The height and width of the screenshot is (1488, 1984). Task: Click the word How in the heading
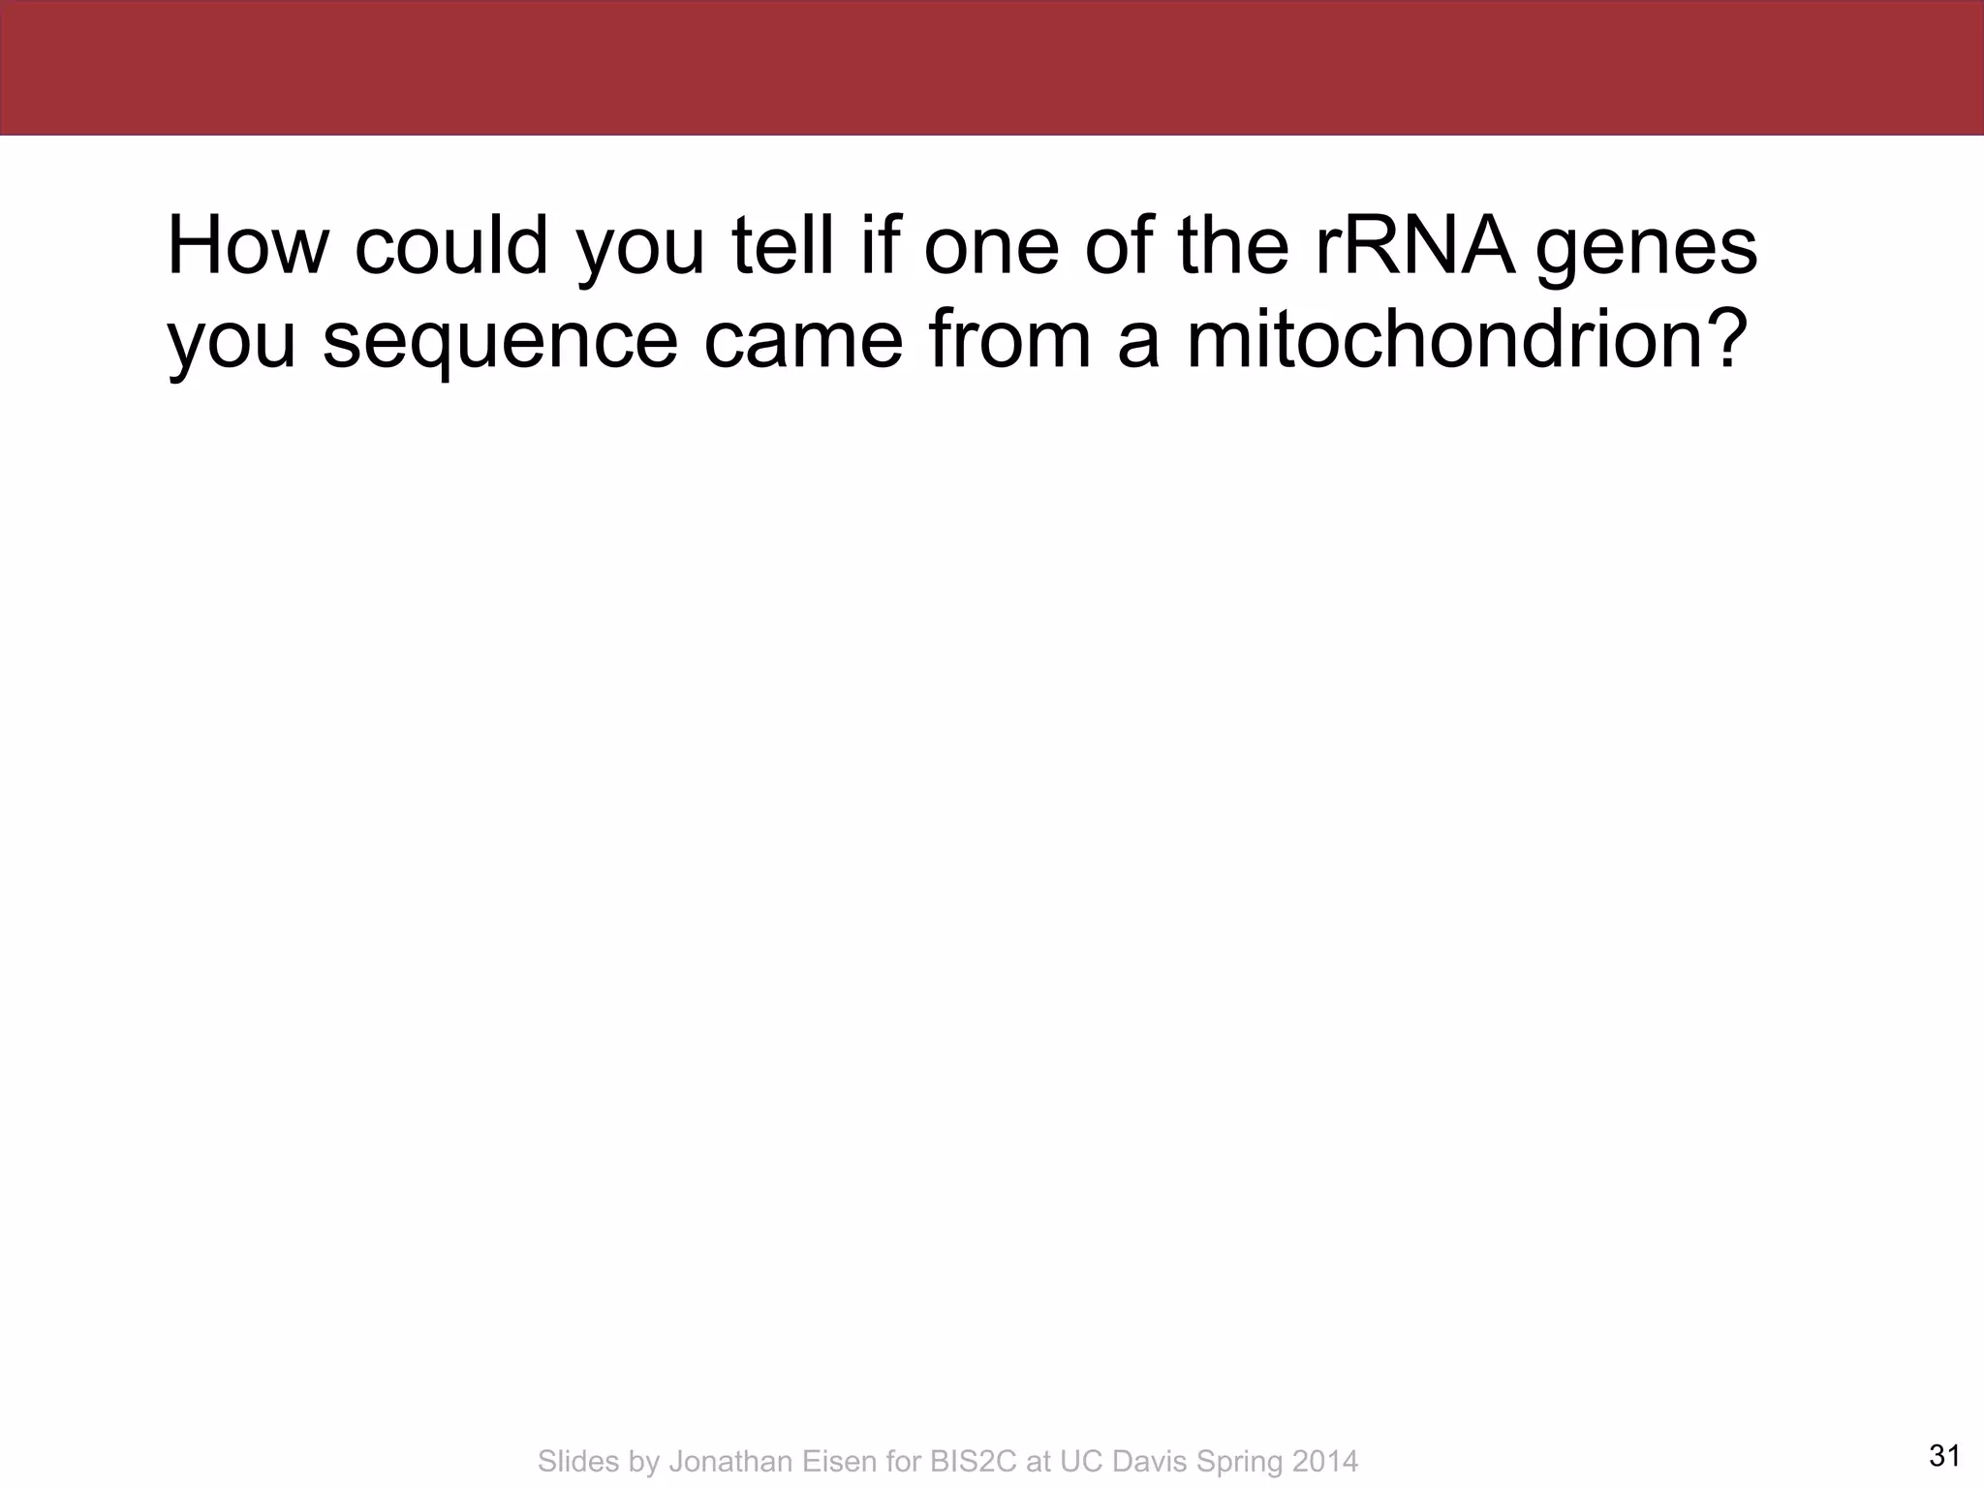point(248,246)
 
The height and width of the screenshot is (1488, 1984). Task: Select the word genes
point(1646,250)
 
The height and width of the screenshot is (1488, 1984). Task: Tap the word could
point(451,246)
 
